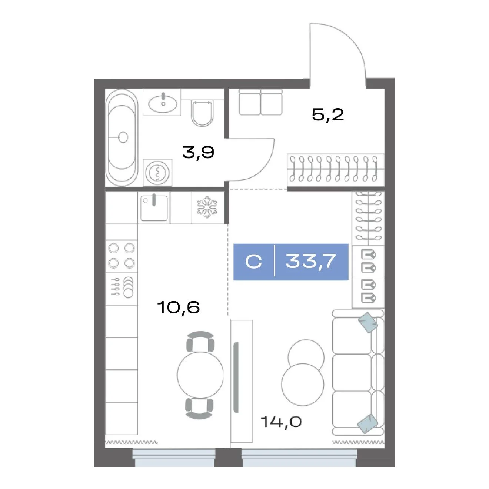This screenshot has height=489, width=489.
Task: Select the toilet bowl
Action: [x=202, y=113]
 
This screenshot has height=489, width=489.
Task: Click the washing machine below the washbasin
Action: [x=157, y=173]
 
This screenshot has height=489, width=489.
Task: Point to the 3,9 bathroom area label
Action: [x=198, y=152]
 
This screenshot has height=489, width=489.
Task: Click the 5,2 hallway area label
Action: [x=327, y=115]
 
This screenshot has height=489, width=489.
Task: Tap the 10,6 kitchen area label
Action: [x=179, y=307]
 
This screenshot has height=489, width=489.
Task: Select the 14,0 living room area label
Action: [x=281, y=422]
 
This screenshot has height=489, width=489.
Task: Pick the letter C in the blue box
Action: [x=253, y=261]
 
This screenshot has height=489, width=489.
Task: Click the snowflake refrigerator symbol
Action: [x=207, y=207]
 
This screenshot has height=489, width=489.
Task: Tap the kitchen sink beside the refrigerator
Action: [x=154, y=207]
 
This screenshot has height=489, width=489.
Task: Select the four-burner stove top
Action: [x=122, y=256]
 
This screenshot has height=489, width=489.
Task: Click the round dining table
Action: [x=200, y=375]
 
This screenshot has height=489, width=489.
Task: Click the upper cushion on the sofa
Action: [x=368, y=323]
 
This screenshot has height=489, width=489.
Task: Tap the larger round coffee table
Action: [x=303, y=385]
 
